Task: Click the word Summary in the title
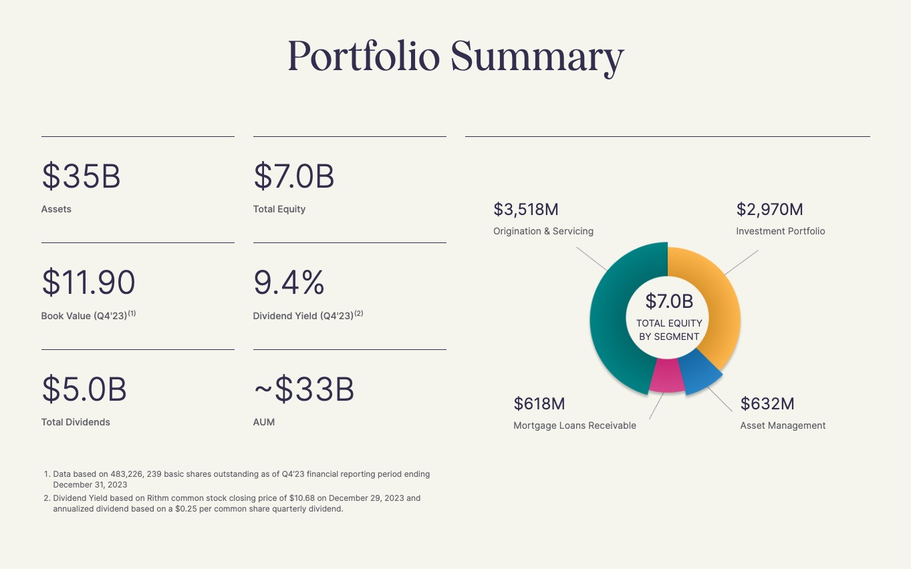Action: [537, 57]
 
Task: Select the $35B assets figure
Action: [81, 176]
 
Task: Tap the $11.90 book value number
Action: [88, 282]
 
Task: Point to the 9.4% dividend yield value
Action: [289, 282]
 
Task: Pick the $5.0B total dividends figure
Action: [84, 389]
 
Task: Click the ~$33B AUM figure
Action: [304, 389]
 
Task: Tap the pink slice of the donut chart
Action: [667, 377]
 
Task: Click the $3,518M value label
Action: [526, 210]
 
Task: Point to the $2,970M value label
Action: [769, 210]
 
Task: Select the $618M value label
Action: [539, 404]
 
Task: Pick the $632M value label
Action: [767, 404]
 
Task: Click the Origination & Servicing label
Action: [543, 231]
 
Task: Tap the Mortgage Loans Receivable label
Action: [575, 425]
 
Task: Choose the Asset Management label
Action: [783, 425]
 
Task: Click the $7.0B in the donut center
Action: [669, 302]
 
